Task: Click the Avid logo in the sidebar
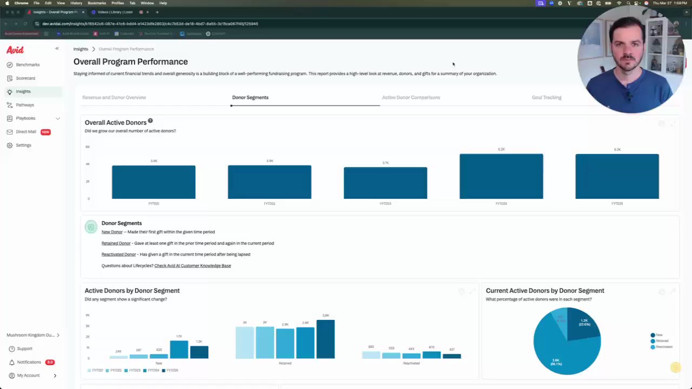[15, 50]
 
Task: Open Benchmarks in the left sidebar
[27, 65]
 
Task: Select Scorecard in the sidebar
[25, 78]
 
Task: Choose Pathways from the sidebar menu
[25, 105]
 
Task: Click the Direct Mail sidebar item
[26, 132]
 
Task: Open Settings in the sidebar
[23, 145]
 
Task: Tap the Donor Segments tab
[250, 98]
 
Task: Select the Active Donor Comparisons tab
[411, 98]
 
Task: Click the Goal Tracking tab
[547, 98]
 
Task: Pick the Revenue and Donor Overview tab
[114, 98]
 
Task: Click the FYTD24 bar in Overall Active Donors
[501, 176]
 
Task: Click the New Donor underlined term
[112, 232]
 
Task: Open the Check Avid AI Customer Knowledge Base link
[192, 266]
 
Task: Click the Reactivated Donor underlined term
[118, 254]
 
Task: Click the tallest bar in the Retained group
[325, 339]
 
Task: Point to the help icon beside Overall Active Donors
[150, 121]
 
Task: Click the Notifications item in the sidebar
[29, 362]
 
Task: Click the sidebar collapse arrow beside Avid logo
[57, 49]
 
